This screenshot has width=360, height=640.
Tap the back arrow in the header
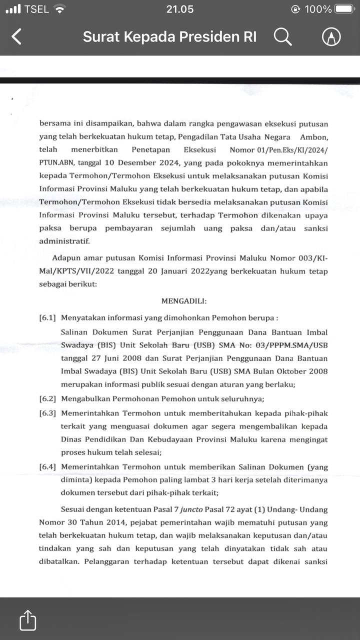pyautogui.click(x=16, y=36)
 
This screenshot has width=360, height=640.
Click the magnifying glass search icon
pyautogui.click(x=282, y=36)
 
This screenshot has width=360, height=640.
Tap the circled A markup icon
pyautogui.click(x=331, y=36)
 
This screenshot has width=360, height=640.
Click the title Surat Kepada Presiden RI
pyautogui.click(x=169, y=36)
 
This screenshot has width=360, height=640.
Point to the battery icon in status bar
pyautogui.click(x=344, y=9)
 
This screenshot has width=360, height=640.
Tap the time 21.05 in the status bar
pyautogui.click(x=179, y=9)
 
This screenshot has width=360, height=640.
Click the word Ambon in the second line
pyautogui.click(x=313, y=136)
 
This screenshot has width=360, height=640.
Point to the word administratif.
pyautogui.click(x=64, y=241)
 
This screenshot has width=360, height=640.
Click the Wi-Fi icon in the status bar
pyautogui.click(x=60, y=9)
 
